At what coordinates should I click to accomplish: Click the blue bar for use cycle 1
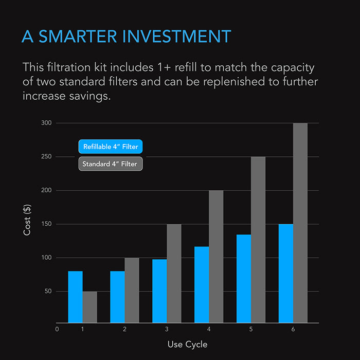point(75,297)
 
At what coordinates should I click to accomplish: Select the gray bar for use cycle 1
point(89,307)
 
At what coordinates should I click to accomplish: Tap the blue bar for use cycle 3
point(159,291)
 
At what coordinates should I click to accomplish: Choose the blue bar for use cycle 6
point(286,273)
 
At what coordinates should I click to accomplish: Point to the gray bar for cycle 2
point(132,290)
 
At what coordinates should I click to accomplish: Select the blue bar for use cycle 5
point(244,279)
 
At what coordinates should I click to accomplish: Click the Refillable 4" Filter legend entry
point(111,147)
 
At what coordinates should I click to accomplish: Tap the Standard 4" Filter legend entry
point(111,164)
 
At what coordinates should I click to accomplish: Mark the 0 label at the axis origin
point(57,329)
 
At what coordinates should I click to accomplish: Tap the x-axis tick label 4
point(209,329)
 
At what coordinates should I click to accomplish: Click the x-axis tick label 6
point(293,329)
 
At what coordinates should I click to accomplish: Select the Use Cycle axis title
point(187,344)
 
